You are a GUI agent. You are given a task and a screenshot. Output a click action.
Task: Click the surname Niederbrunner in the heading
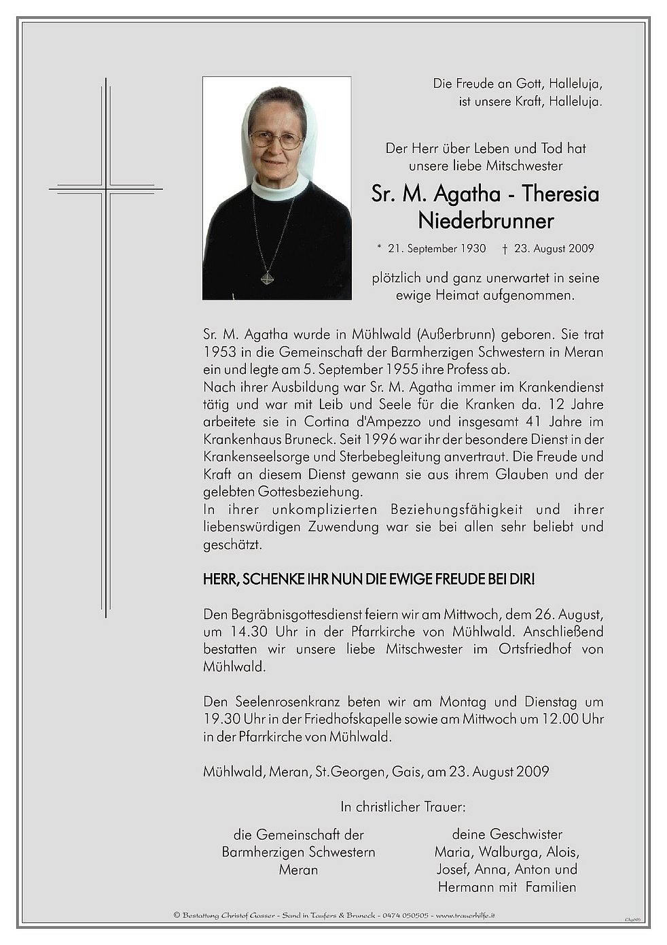pyautogui.click(x=486, y=222)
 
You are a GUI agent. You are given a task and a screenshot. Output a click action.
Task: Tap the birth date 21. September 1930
pyautogui.click(x=437, y=249)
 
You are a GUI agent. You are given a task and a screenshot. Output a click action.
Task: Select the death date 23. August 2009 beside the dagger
pyautogui.click(x=554, y=249)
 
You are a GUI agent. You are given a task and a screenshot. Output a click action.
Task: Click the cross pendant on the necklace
pyautogui.click(x=267, y=278)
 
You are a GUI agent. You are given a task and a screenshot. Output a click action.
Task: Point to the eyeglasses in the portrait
pyautogui.click(x=276, y=140)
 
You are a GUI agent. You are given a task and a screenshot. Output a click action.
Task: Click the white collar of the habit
pyautogui.click(x=279, y=188)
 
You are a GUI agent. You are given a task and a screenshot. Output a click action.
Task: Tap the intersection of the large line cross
pyautogui.click(x=106, y=188)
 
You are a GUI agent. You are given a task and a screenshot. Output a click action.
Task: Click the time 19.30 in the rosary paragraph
pyautogui.click(x=219, y=719)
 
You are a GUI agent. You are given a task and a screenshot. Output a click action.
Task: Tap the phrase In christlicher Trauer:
pyautogui.click(x=403, y=808)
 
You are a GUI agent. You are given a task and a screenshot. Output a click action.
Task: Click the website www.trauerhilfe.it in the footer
pyautogui.click(x=465, y=916)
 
